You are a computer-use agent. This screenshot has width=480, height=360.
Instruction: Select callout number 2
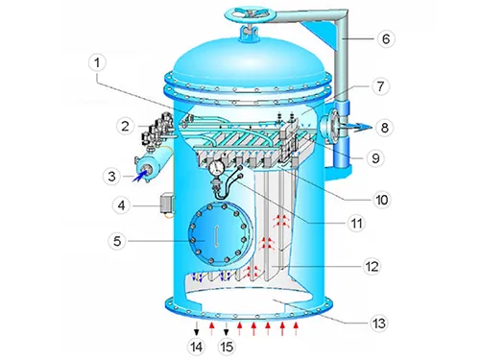(x=124, y=125)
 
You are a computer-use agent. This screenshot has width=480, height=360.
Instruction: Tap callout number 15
(x=227, y=345)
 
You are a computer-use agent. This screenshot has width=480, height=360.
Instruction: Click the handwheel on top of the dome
(x=248, y=15)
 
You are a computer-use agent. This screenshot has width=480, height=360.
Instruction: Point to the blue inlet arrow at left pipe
(x=145, y=173)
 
